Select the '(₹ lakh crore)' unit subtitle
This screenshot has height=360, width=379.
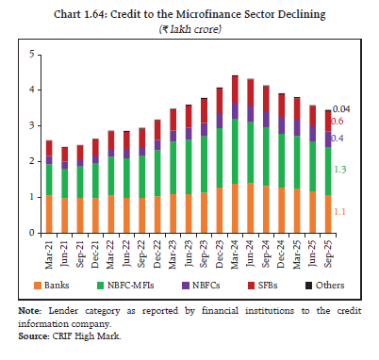[189, 30]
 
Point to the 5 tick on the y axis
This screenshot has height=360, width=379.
[31, 55]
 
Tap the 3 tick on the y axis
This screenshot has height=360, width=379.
[31, 125]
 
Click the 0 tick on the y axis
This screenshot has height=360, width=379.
[31, 233]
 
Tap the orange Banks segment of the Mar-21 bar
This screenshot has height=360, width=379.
[49, 214]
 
